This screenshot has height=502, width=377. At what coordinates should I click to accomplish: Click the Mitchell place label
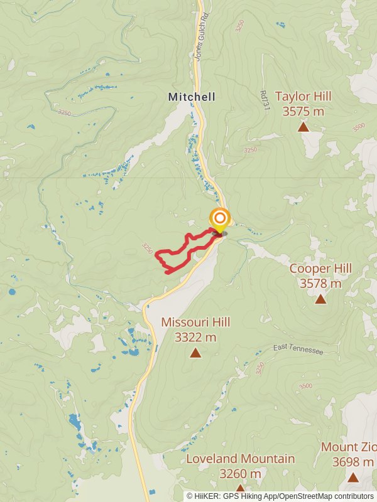(x=192, y=97)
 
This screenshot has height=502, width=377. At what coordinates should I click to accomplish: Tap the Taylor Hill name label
(x=303, y=97)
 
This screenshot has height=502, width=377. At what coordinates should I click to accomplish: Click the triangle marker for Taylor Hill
(x=303, y=127)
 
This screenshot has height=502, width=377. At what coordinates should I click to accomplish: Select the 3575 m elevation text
(x=303, y=112)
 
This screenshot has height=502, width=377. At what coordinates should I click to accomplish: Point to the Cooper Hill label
(x=320, y=269)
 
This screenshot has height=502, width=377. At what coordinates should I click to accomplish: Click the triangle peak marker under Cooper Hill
(x=320, y=299)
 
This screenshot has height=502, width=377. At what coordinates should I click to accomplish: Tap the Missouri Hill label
(x=195, y=322)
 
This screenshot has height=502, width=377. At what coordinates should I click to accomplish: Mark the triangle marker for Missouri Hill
(x=195, y=353)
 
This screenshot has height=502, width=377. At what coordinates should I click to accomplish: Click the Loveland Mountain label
(x=240, y=459)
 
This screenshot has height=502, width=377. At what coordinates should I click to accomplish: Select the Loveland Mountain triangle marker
(x=240, y=488)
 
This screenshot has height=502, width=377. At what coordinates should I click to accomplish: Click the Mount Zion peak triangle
(x=352, y=478)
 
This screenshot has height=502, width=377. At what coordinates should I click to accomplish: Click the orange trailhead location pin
(x=219, y=220)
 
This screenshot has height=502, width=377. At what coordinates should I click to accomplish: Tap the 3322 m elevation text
(x=195, y=337)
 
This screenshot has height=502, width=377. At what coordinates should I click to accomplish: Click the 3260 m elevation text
(x=240, y=473)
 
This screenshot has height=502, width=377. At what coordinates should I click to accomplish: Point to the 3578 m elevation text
(x=320, y=284)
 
